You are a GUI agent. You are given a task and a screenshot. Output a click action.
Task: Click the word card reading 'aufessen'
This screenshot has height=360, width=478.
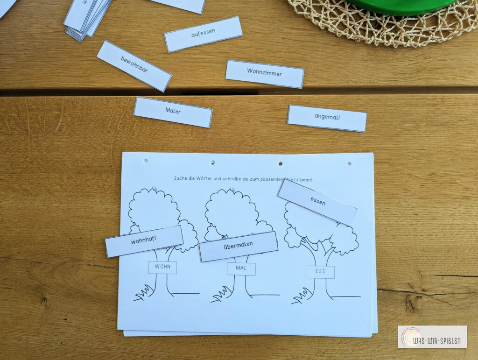point(203,34)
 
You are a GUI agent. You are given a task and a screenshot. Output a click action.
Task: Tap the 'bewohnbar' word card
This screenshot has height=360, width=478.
point(134,66)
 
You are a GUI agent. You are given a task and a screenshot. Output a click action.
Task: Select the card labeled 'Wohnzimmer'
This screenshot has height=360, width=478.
point(265,74)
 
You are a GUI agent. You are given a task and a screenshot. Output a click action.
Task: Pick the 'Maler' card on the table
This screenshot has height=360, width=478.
point(173,112)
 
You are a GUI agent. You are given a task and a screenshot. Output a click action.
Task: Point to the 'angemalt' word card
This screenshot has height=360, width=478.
point(327,118)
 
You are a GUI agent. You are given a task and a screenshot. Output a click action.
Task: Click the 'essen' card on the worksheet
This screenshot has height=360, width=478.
point(317,202)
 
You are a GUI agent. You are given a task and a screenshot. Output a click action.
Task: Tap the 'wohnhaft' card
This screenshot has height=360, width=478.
point(144,241)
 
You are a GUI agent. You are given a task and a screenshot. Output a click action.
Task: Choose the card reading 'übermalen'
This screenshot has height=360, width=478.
point(238,246)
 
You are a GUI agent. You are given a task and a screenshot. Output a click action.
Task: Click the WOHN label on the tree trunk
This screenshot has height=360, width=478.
point(162,268)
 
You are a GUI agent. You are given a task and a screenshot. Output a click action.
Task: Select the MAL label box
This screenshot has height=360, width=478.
point(241,269)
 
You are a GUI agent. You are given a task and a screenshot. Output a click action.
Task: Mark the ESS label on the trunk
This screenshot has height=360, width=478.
point(320,272)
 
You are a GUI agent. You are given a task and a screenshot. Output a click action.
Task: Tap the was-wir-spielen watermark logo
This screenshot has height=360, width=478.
point(432,337)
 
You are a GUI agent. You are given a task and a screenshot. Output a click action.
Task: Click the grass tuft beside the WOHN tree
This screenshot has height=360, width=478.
point(142,293)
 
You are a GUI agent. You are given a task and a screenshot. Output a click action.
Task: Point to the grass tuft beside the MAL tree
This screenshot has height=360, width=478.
point(219,294)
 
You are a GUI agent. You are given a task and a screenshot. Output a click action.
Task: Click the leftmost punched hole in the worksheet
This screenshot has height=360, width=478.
point(145,161)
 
